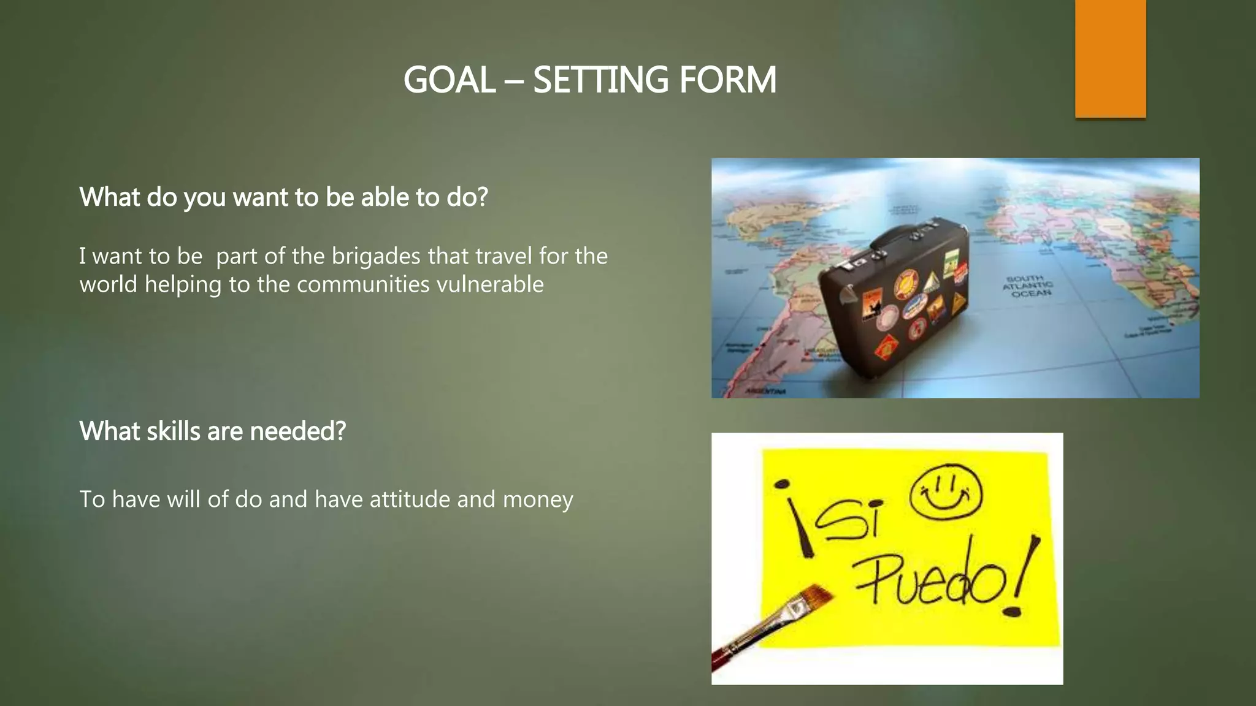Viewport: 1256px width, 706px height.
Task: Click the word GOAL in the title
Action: point(449,80)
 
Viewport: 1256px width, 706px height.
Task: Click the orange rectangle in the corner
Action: point(1110,58)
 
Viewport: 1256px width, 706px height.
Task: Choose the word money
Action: point(538,499)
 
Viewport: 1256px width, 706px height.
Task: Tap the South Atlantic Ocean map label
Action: point(1027,286)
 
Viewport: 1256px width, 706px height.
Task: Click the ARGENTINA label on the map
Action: point(766,391)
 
